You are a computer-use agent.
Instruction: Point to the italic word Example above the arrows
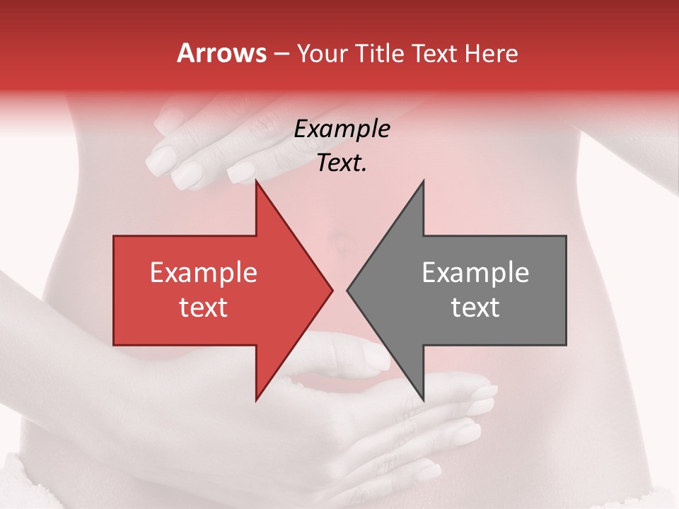342,129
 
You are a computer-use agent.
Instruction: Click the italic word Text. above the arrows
342,163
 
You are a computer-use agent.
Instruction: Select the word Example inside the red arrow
204,273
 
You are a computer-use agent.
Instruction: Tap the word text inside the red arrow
204,307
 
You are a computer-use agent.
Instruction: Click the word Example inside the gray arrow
475,273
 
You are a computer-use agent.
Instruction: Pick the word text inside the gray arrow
475,307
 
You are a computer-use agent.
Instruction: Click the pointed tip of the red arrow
332,290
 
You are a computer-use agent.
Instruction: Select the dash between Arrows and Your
281,54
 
